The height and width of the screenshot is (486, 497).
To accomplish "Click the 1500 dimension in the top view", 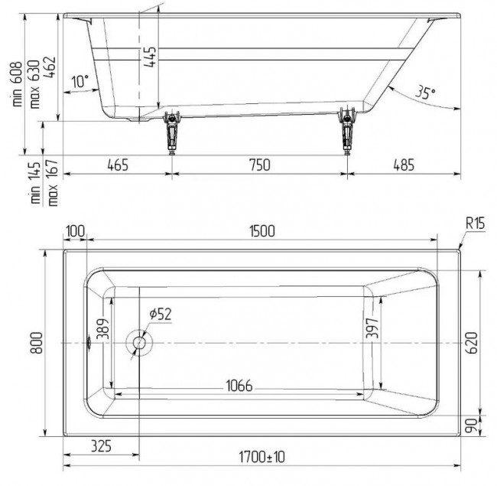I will [261, 232].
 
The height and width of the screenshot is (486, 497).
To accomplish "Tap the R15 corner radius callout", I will [476, 224].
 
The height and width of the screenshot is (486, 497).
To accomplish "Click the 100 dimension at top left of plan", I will [75, 232].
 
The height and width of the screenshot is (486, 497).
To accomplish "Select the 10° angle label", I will [80, 81].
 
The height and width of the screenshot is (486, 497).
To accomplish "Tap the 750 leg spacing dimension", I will [260, 165].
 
